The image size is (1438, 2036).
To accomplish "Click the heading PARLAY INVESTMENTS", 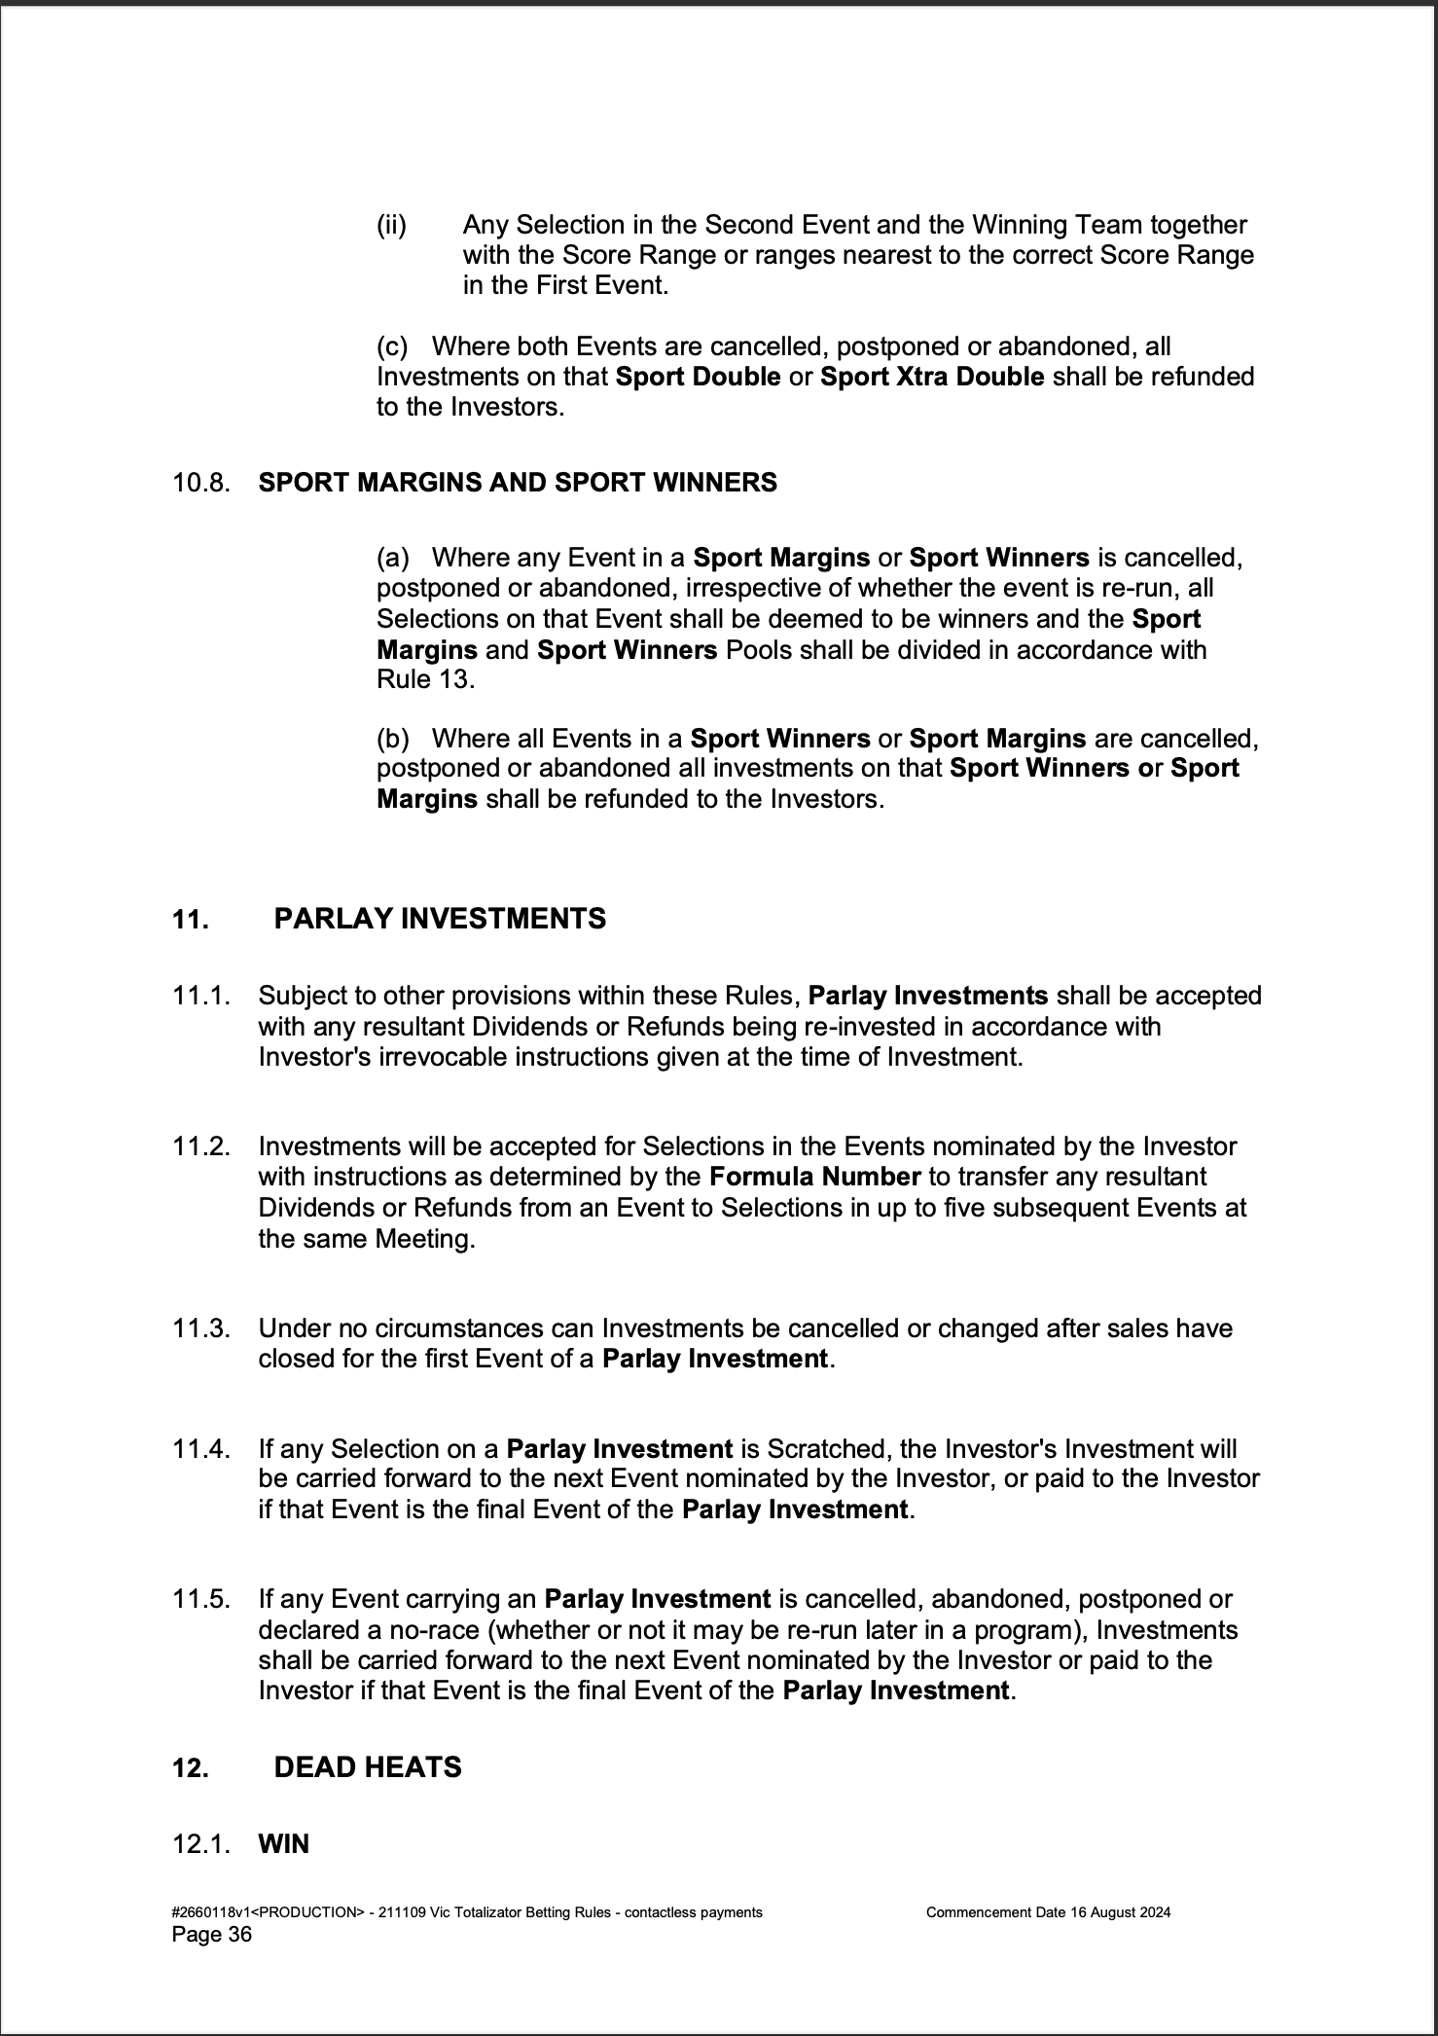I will tap(440, 919).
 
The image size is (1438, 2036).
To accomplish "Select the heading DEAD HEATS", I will tap(368, 1767).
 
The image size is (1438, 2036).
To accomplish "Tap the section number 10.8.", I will tap(201, 483).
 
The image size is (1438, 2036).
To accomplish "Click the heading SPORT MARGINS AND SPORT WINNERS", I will tap(518, 483).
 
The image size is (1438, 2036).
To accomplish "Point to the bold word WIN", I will tap(283, 1844).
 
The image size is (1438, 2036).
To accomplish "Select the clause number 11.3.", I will tap(201, 1328).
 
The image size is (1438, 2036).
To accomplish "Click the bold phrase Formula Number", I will tap(814, 1177).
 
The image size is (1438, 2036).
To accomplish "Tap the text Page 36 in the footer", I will tap(212, 1934).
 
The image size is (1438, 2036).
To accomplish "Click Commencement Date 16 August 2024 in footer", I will tap(1048, 1911).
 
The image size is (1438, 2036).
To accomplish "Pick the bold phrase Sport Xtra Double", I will tap(931, 377).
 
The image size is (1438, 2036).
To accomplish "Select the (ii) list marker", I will tap(391, 226).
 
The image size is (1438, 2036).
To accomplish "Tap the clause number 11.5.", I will tap(201, 1599).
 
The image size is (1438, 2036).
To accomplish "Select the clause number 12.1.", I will tap(201, 1844).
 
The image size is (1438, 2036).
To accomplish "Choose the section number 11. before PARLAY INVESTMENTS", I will tap(190, 920).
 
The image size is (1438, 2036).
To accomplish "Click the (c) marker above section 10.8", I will tap(391, 346).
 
